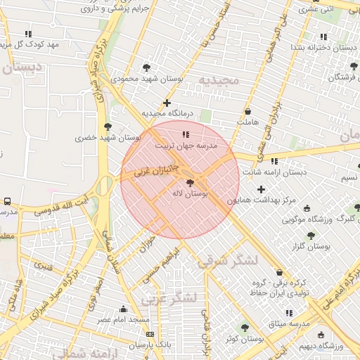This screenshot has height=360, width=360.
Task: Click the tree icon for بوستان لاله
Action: [x=191, y=182]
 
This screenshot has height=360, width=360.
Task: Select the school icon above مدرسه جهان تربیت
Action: [x=185, y=134]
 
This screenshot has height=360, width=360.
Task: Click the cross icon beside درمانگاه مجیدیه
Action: [x=167, y=103]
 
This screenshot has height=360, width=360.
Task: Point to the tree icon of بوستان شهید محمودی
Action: [x=146, y=68]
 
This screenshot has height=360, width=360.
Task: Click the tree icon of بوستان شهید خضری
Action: [x=107, y=127]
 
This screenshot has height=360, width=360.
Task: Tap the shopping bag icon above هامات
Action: [x=247, y=111]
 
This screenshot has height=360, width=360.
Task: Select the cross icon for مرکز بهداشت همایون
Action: [x=262, y=189]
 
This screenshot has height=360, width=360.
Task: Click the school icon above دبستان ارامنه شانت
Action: [x=274, y=161]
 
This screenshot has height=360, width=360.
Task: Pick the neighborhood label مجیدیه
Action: [x=219, y=79]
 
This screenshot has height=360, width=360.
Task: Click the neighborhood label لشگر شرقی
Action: [x=228, y=261]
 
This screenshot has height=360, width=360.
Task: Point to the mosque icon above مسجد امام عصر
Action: [x=124, y=309]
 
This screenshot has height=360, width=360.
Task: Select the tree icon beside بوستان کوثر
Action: [x=245, y=328]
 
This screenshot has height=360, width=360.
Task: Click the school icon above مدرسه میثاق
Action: [x=288, y=313]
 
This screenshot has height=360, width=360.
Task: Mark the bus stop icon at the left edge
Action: [x=7, y=201]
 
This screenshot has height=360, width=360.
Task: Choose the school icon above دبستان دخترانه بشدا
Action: [x=323, y=37]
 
